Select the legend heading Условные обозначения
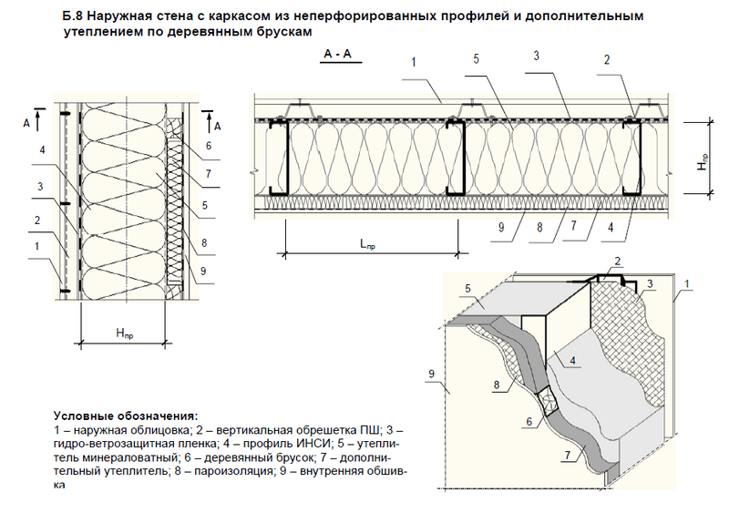point(125,416)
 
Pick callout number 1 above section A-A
point(414,63)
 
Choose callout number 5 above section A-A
point(476,63)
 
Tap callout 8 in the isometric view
point(496,385)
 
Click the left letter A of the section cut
point(26,120)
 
